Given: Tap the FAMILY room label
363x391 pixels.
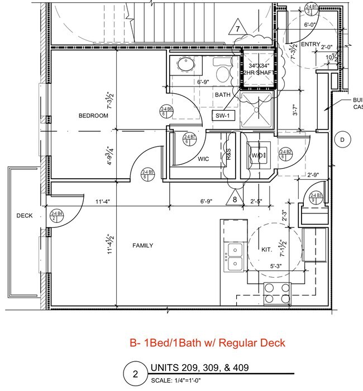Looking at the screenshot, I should [142, 245].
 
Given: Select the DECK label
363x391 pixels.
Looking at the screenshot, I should [24, 215].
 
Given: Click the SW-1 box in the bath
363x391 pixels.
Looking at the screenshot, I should [225, 116].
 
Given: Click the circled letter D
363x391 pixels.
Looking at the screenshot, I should [342, 139].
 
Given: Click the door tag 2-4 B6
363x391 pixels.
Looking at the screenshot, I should [166, 111].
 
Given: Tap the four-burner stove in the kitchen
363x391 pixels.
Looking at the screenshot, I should [276, 293].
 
